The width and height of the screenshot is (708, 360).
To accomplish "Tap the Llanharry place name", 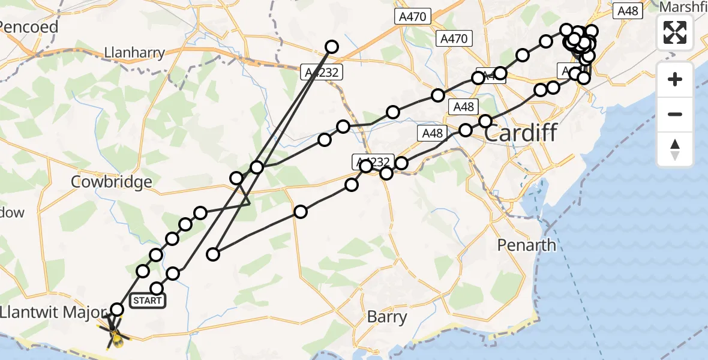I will click(x=134, y=53).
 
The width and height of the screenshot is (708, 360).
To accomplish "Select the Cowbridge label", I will click(x=111, y=182).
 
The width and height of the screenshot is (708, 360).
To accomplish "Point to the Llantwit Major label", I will click(x=53, y=312).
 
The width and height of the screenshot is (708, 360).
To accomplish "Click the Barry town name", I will click(x=387, y=317).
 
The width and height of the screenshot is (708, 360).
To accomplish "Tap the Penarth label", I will click(x=527, y=245).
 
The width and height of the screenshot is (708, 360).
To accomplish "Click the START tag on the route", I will click(x=147, y=300).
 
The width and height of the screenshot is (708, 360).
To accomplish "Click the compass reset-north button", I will click(x=675, y=149).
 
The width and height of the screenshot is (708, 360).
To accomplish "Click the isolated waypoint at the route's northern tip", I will click(x=332, y=46).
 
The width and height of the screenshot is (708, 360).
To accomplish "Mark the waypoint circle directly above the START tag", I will click(x=157, y=288).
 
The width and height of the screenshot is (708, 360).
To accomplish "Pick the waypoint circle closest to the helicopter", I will click(x=117, y=310).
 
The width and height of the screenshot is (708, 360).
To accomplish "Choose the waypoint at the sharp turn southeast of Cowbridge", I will click(x=213, y=254).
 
